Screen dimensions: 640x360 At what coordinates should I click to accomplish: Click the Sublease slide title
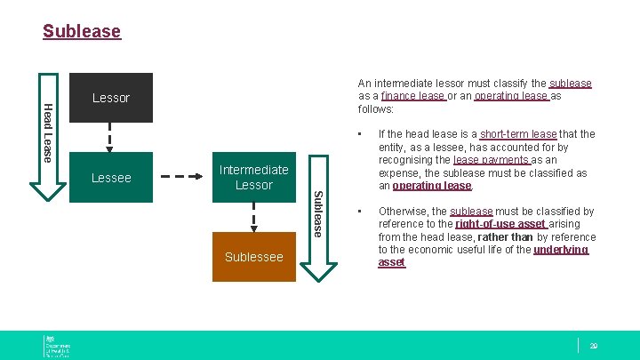click(x=82, y=32)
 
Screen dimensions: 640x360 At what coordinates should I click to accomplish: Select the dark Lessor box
click(x=111, y=98)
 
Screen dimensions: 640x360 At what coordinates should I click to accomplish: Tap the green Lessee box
click(x=111, y=177)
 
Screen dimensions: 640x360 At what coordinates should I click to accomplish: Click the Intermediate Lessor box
click(x=253, y=177)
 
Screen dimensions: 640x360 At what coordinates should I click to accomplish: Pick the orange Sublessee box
click(x=253, y=257)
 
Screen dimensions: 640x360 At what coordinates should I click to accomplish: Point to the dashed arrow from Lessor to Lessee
click(x=111, y=137)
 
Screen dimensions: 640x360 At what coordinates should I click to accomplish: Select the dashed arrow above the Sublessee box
click(x=253, y=217)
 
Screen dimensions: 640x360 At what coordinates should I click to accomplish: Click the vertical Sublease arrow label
click(x=318, y=213)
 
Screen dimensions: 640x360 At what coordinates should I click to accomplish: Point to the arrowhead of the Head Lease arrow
click(x=42, y=192)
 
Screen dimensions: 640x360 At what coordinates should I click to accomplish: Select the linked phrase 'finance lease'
click(x=413, y=96)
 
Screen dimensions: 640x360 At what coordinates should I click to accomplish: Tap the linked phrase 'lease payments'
click(x=492, y=160)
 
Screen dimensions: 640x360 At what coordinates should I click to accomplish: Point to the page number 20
click(x=593, y=345)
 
